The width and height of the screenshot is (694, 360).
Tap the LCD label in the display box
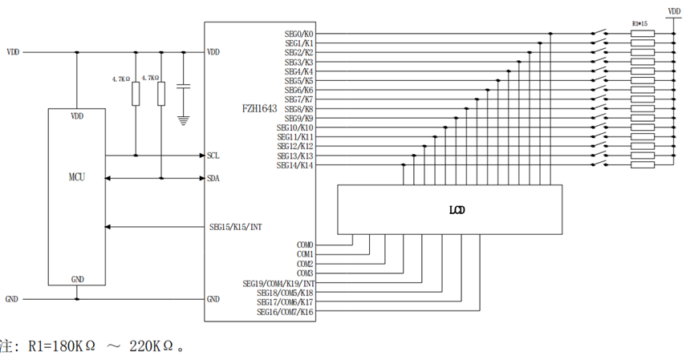point(457,211)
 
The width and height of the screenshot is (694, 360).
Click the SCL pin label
point(213,156)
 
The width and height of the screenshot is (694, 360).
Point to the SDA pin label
point(213,178)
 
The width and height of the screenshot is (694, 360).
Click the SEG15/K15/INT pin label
point(235,227)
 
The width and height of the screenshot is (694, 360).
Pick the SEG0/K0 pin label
point(299,34)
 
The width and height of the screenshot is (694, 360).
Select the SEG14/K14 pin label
point(295,165)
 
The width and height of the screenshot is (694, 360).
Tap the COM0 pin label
point(305,245)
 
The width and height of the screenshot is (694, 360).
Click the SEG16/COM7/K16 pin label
point(285,311)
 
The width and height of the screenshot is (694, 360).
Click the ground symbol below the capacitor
point(184,119)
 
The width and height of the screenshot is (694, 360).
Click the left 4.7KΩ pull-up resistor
point(135,95)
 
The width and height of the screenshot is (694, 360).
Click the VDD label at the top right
point(675,10)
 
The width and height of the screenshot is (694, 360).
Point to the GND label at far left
point(12,298)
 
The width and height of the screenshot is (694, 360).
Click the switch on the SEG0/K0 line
point(599,34)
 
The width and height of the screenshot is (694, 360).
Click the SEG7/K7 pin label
point(299,99)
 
